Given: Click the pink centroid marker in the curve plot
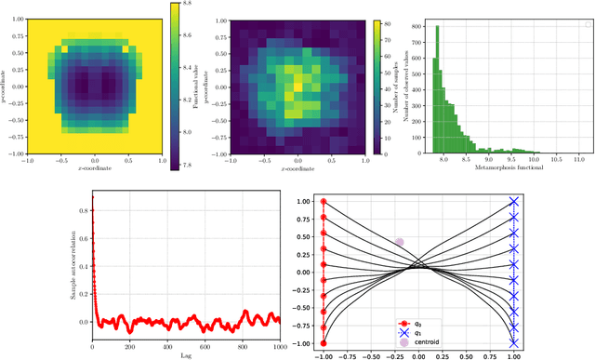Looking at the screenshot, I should tap(399, 243).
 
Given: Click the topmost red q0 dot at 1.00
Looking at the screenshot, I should tap(324, 201).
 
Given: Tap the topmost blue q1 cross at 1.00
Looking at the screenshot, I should tap(514, 201).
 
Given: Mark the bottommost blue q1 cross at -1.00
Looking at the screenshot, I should tap(514, 343).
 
